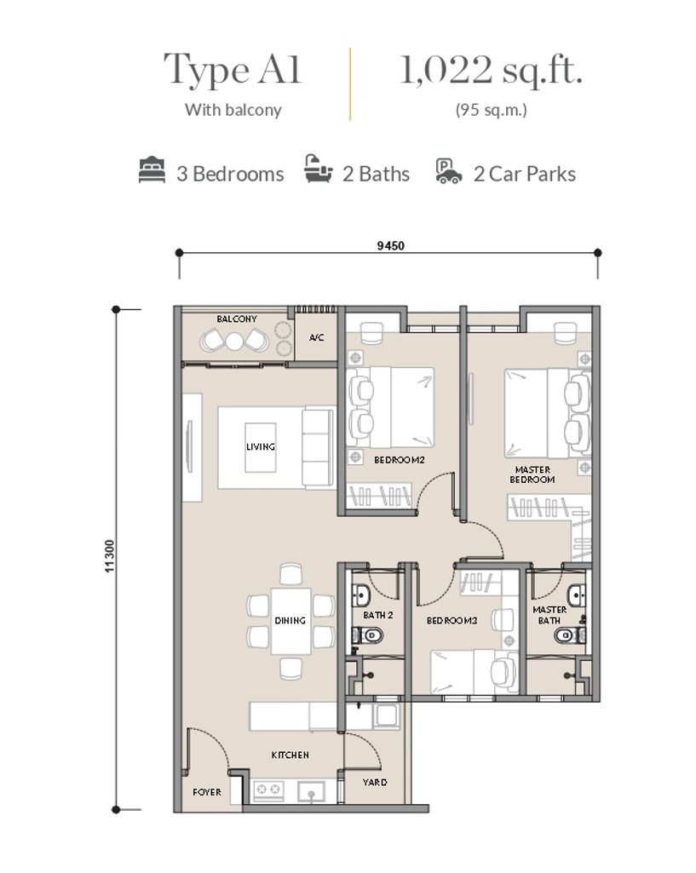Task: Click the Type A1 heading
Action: [x=233, y=70]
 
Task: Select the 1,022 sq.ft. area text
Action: [x=492, y=70]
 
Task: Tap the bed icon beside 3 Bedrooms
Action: [x=152, y=171]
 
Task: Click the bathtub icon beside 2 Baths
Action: [x=318, y=171]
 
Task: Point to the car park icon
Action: [x=448, y=171]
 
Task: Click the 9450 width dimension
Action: [x=389, y=245]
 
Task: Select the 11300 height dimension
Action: [x=110, y=559]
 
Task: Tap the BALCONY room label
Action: [x=236, y=319]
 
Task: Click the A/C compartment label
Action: [x=316, y=338]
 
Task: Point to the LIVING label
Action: [x=260, y=446]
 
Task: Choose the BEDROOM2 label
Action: [x=399, y=460]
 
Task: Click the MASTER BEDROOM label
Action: [x=532, y=474]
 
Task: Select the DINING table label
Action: [x=290, y=621]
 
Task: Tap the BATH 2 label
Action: [x=377, y=615]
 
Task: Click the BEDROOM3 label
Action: [x=452, y=621]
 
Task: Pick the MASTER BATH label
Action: [x=549, y=615]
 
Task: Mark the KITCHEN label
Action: [x=290, y=755]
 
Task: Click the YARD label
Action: [x=375, y=782]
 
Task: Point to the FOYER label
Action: [x=207, y=792]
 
